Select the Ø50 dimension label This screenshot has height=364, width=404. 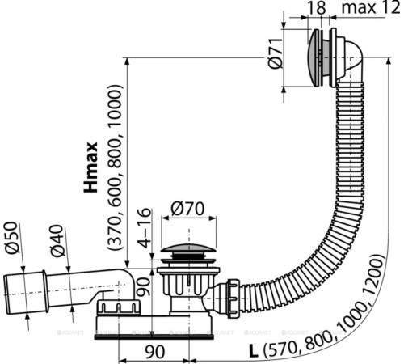click(x=12, y=236)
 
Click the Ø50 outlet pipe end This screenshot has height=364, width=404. click(x=22, y=290)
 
